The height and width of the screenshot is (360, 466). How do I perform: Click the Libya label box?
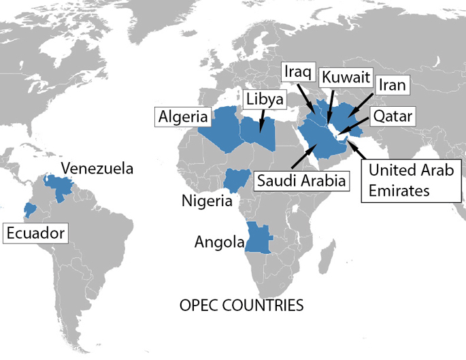(x=264, y=99)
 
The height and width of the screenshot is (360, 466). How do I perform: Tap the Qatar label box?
(x=392, y=117)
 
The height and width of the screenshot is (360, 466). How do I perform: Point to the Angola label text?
(x=219, y=242)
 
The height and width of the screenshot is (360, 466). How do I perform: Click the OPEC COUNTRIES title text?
(x=241, y=305)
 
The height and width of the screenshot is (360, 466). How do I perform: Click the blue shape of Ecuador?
(x=29, y=209)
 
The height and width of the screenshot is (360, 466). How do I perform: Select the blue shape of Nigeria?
(x=237, y=179)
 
